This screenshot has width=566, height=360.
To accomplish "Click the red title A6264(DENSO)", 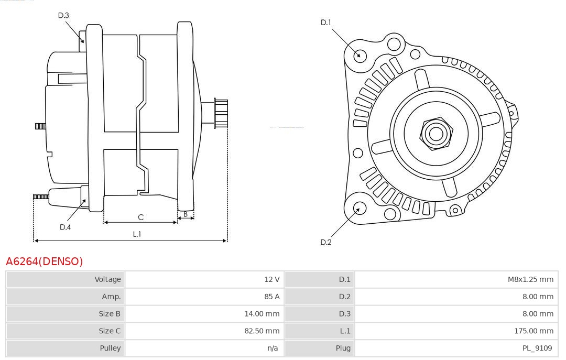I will click(45, 261).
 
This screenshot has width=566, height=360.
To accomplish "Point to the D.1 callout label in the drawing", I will click(326, 23).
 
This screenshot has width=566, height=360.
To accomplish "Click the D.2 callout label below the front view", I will click(326, 242).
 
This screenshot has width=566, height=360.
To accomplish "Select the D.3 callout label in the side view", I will click(63, 16).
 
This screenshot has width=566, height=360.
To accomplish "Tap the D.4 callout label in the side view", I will click(65, 227).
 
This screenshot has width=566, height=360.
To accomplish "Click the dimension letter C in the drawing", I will click(140, 217).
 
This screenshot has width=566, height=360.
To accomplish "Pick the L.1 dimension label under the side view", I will click(137, 234).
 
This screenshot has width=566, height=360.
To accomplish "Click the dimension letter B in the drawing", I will click(186, 214).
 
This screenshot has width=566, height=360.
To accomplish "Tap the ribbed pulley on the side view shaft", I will click(221, 113).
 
